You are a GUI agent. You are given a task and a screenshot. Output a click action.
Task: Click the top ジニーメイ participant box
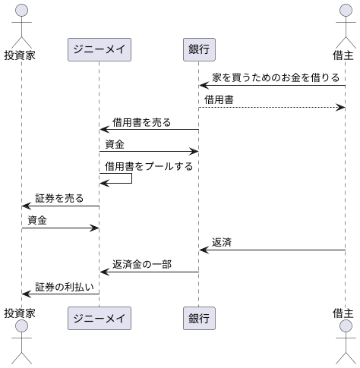point(99,49)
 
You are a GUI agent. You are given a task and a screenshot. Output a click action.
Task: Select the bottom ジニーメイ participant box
point(99,318)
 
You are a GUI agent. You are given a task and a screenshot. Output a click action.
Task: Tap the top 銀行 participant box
point(198,49)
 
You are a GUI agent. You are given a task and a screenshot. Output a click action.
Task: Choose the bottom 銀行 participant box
point(198,318)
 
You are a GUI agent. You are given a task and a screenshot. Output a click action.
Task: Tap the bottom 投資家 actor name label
point(21,313)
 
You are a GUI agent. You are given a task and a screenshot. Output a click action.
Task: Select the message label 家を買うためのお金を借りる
point(276,77)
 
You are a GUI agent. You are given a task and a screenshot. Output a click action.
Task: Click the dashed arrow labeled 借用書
point(272,108)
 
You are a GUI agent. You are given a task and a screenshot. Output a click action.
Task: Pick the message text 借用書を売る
point(141,121)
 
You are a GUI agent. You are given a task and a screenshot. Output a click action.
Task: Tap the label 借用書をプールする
point(149,165)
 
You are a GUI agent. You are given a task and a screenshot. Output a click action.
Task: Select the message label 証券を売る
point(59,198)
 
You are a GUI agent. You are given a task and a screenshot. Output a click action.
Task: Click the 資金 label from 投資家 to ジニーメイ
point(36,220)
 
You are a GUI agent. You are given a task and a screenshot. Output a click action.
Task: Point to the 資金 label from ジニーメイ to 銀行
point(115,143)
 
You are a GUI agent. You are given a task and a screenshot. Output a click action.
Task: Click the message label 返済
point(222,242)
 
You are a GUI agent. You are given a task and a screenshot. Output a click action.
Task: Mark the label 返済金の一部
point(141,264)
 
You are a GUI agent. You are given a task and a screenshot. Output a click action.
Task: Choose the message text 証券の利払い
point(65,286)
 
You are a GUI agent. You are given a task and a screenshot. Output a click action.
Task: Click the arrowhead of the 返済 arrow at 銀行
point(203,250)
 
